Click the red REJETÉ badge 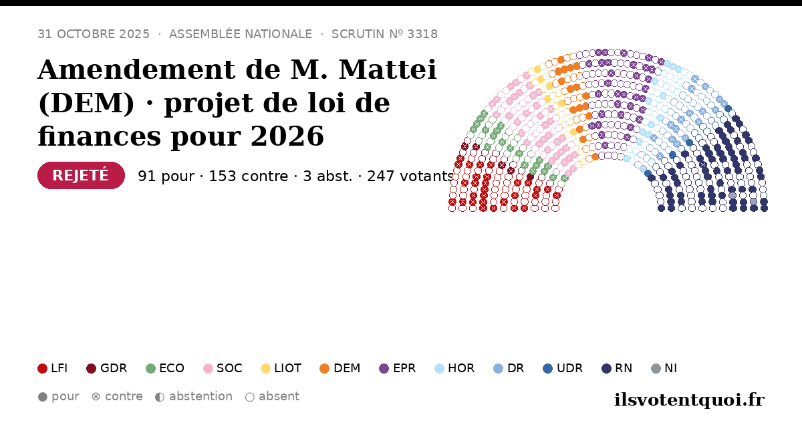coord(81,175)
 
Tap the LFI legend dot coord(42,368)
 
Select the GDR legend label coord(114,368)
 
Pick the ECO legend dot coord(151,368)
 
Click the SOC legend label coord(229,368)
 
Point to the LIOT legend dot coord(266,368)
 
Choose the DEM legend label coord(347,368)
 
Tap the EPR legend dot coord(384,368)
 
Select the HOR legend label coord(461,368)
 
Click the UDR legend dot coord(548,368)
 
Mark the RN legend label coord(624,368)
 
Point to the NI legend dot coord(656,368)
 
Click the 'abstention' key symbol coord(160,397)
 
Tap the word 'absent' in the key coord(279,396)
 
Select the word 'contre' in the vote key coord(124,396)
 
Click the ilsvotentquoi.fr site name coord(690,400)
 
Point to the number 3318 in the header coord(422,34)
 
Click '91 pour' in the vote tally coord(166,176)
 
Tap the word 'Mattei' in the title coord(388,69)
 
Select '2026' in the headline coord(287,136)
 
